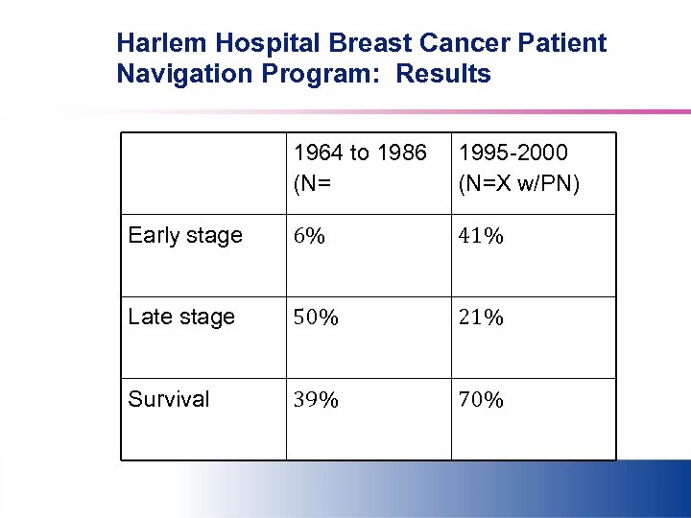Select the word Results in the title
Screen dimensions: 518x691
[443, 74]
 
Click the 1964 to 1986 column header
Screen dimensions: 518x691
[360, 153]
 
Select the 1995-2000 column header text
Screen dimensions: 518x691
[512, 153]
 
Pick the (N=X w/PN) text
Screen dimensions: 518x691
[519, 182]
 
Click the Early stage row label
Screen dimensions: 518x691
[185, 236]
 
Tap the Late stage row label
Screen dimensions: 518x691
[181, 318]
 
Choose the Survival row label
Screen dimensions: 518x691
[169, 399]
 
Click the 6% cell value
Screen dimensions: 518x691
[309, 236]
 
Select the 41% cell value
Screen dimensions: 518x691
[482, 236]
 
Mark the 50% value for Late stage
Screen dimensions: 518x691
[316, 318]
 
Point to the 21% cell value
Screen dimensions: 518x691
[482, 318]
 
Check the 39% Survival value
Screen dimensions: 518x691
[316, 399]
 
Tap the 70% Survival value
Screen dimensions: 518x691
[482, 399]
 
